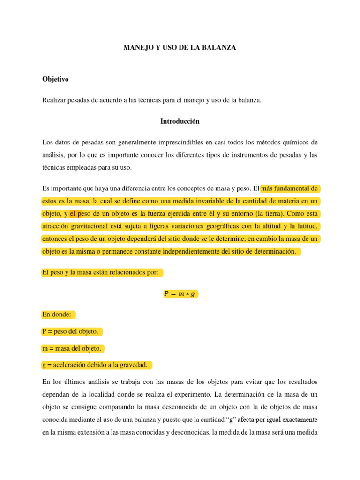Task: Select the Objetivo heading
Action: pos(55,79)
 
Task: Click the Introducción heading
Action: pos(180,121)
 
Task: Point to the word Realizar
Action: pos(54,100)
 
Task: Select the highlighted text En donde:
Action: pos(57,315)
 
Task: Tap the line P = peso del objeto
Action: pos(70,331)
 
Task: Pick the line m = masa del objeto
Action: pos(71,348)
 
